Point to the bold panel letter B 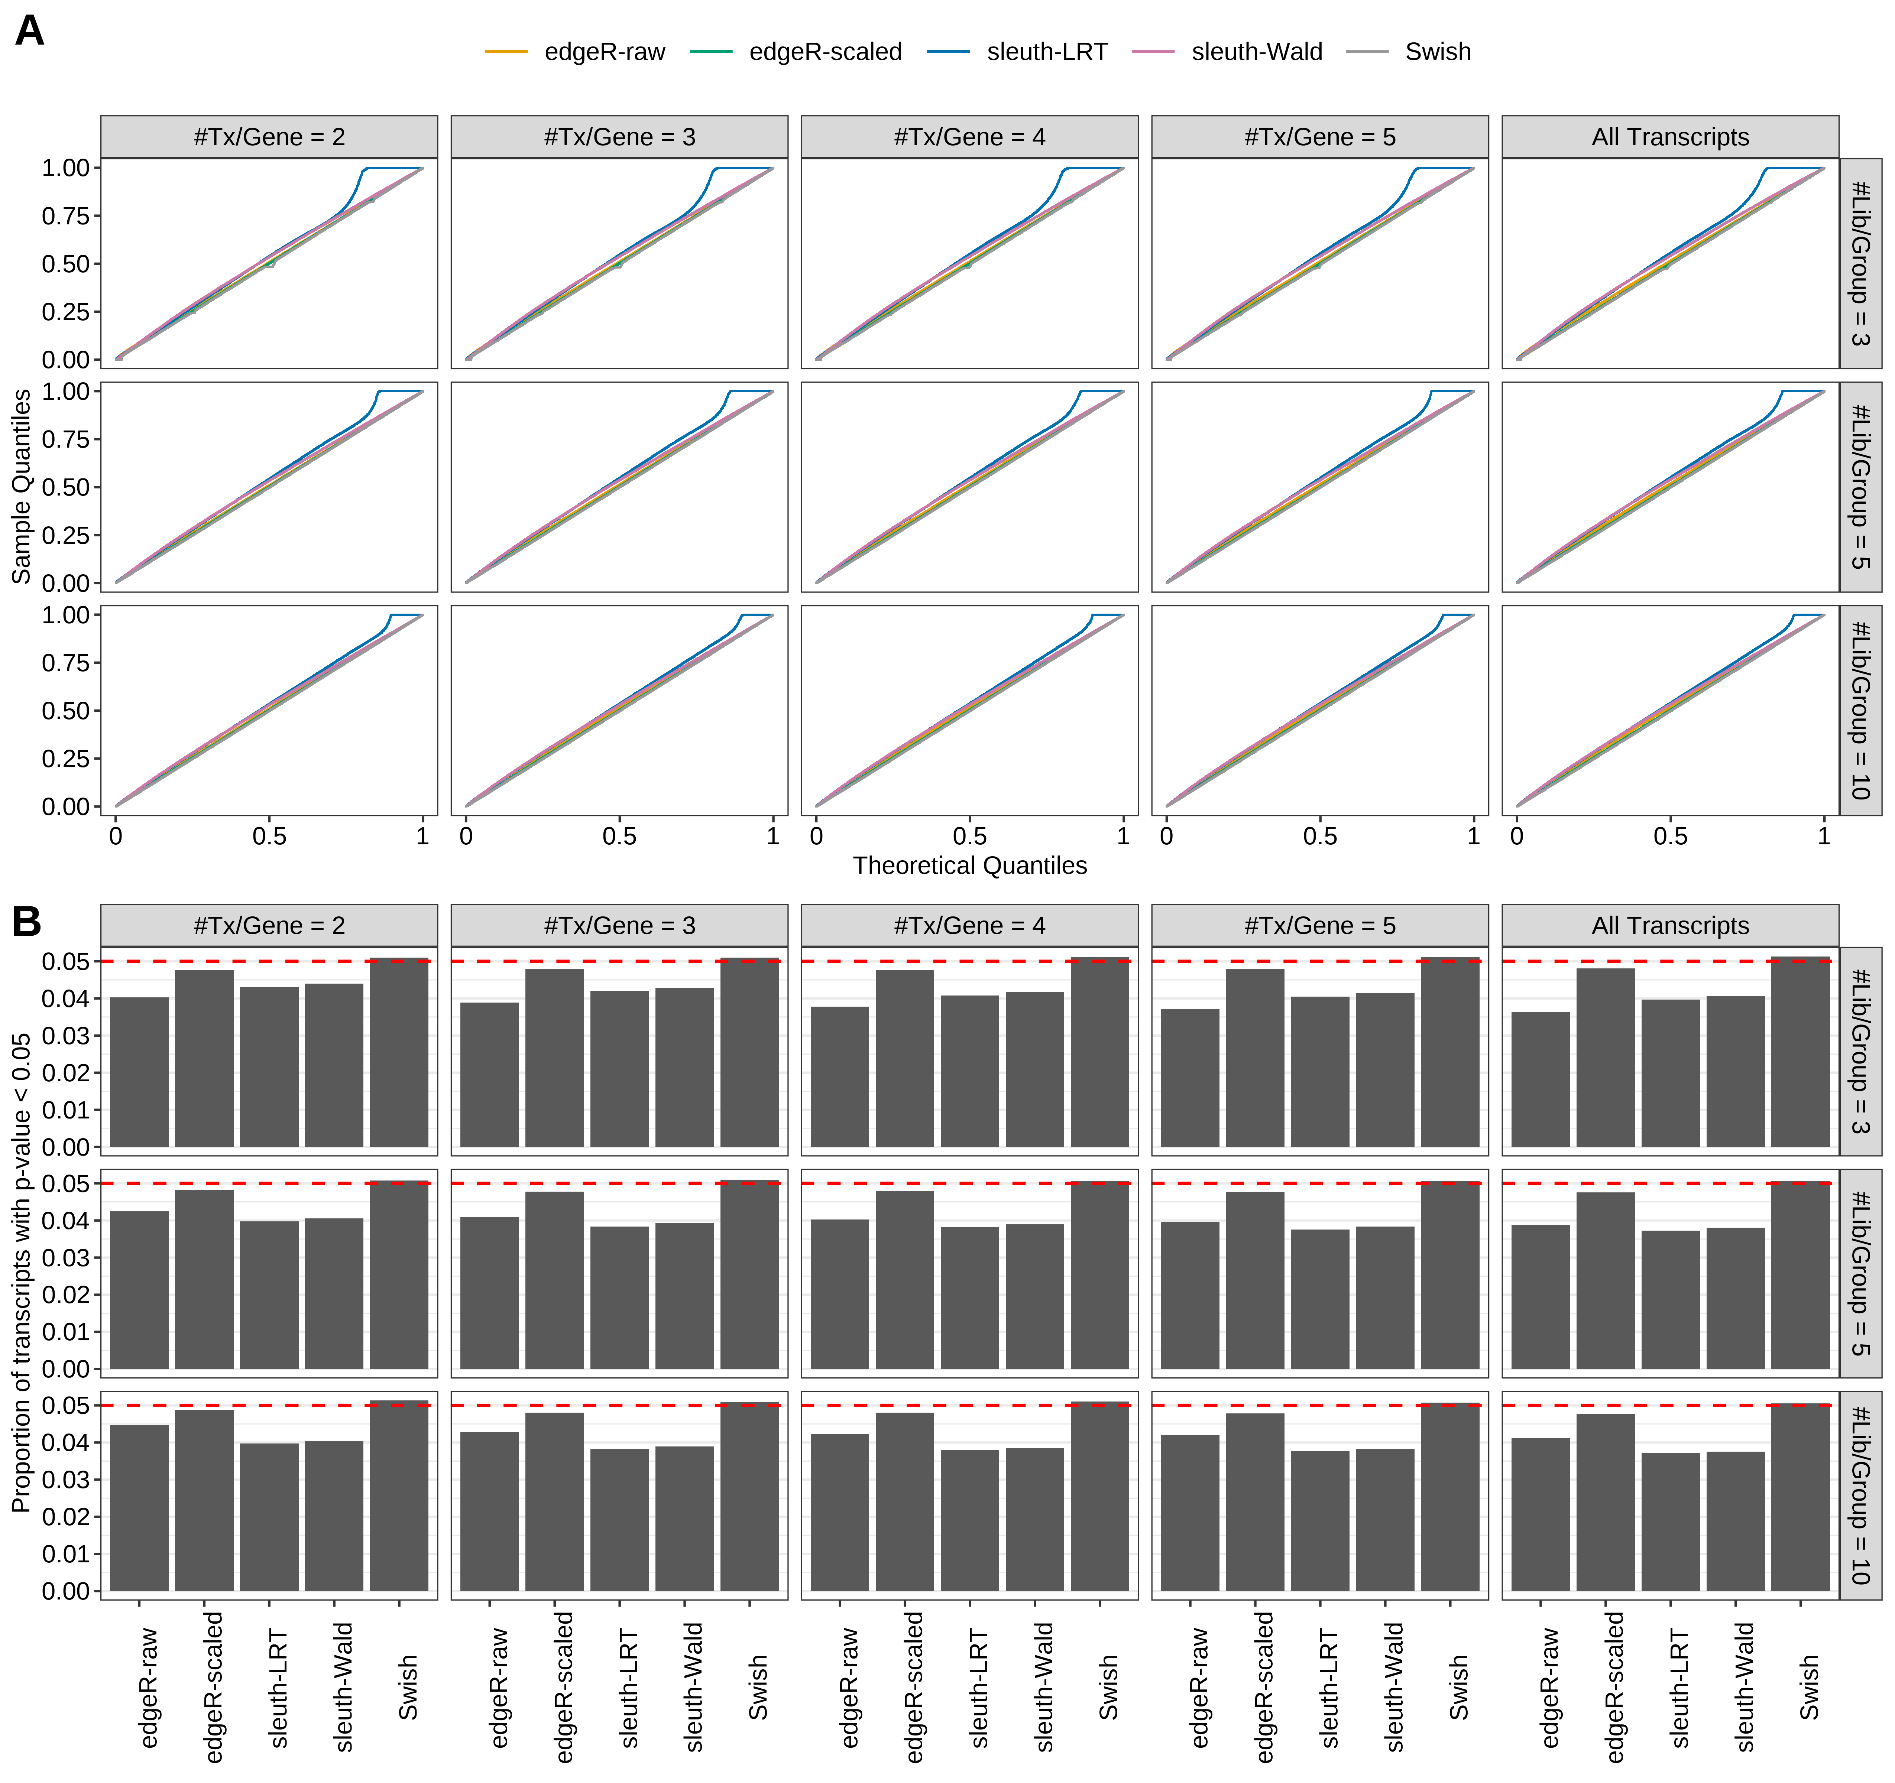[x=27, y=922]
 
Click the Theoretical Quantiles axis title [x=969, y=865]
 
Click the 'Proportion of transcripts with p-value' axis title [x=21, y=1272]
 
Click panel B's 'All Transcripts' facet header [x=1670, y=925]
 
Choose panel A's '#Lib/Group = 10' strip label [x=1860, y=710]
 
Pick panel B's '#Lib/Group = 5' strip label [x=1860, y=1273]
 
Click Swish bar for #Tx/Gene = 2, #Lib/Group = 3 [x=398, y=1053]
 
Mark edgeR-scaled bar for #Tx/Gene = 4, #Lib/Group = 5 [x=905, y=1280]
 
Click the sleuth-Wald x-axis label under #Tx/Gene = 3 [x=693, y=1687]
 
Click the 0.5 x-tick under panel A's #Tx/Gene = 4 [x=969, y=837]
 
